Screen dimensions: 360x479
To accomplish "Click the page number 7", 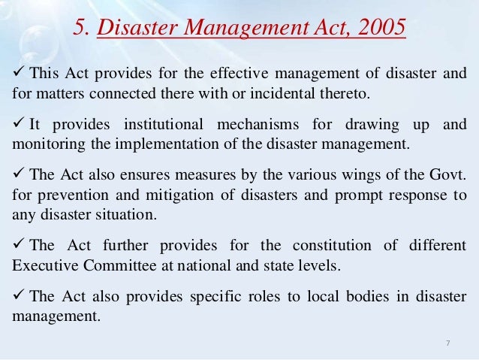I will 447,343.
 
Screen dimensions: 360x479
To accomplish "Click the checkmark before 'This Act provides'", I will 19,73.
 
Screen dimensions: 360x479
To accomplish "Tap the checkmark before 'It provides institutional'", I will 19,123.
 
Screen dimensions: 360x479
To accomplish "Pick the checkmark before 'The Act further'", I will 19,245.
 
